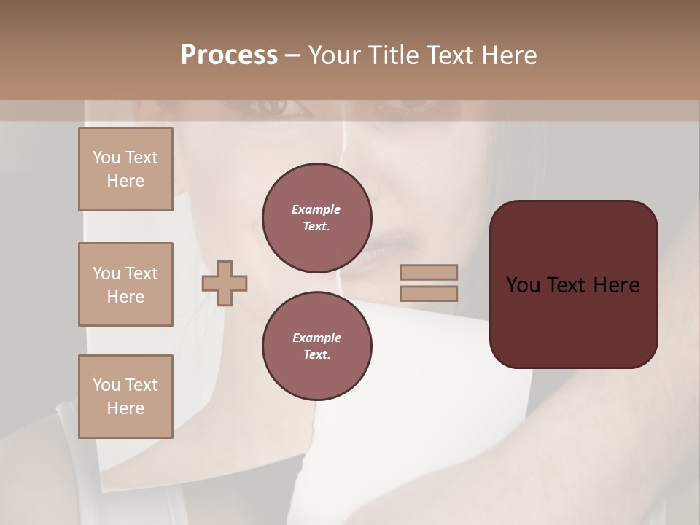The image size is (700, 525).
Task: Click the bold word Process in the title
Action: click(229, 55)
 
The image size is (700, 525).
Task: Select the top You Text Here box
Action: click(125, 169)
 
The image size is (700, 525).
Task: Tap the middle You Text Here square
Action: click(125, 284)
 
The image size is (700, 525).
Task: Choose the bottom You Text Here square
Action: click(125, 397)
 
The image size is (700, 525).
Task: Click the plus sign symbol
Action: click(225, 283)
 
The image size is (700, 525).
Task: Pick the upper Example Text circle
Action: click(316, 218)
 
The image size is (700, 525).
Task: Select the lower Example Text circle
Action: click(316, 346)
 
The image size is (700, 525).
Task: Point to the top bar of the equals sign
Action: click(429, 272)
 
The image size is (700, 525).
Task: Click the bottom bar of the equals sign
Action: click(429, 294)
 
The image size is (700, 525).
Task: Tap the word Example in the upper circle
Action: click(316, 210)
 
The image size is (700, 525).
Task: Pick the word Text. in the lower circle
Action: click(316, 355)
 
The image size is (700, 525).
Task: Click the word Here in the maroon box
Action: click(617, 285)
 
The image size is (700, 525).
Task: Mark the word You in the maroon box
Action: click(523, 285)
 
